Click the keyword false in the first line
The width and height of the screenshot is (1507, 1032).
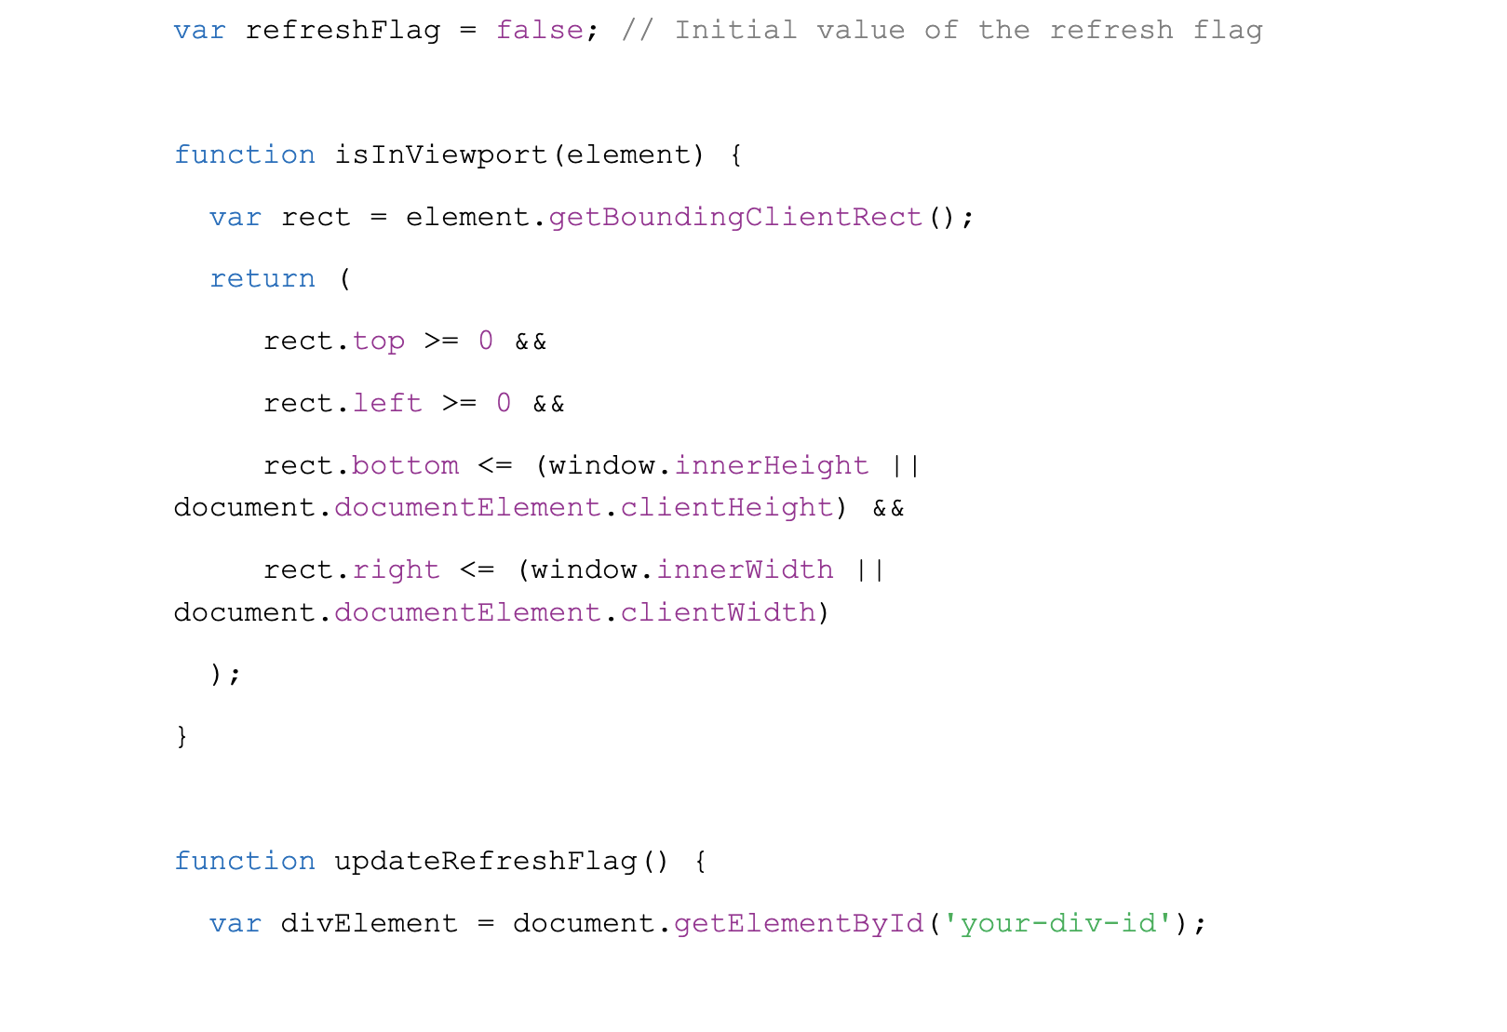pyautogui.click(x=540, y=30)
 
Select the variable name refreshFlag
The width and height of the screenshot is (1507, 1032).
pyautogui.click(x=343, y=30)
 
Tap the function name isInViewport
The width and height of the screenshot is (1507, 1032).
pyautogui.click(x=441, y=154)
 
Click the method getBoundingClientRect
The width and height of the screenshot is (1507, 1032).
pyautogui.click(x=735, y=217)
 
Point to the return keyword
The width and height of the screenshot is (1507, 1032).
pyautogui.click(x=262, y=278)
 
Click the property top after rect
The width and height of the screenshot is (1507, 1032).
pyautogui.click(x=379, y=342)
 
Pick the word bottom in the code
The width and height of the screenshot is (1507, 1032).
pyautogui.click(x=405, y=465)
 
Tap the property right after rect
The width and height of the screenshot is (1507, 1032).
pyautogui.click(x=397, y=570)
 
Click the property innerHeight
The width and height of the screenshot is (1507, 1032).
pyautogui.click(x=772, y=465)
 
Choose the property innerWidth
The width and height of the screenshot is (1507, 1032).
pyautogui.click(x=746, y=570)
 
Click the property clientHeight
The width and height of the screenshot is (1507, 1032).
pyautogui.click(x=727, y=507)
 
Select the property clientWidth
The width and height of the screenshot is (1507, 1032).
pyautogui.click(x=718, y=612)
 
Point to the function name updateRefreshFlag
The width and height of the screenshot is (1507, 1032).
pyautogui.click(x=486, y=861)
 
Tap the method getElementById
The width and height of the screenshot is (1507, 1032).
pyautogui.click(x=800, y=923)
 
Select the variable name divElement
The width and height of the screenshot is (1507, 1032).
pyautogui.click(x=370, y=923)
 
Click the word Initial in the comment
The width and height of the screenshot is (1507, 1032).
pyautogui.click(x=736, y=30)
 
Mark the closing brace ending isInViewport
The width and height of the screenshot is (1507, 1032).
pyautogui.click(x=182, y=736)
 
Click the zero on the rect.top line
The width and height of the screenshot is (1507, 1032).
pyautogui.click(x=486, y=341)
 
